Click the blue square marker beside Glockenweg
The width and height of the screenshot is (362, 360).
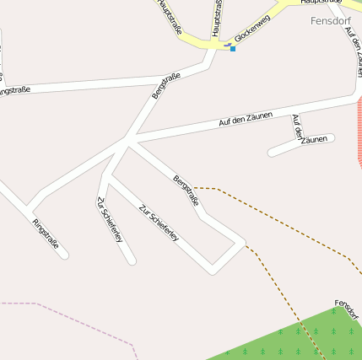(x=233, y=48)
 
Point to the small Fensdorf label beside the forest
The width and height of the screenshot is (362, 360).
(x=348, y=306)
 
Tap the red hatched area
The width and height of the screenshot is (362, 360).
(x=358, y=126)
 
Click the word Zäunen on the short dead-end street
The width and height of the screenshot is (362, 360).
(x=313, y=140)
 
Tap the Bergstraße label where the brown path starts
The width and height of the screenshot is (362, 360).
(x=186, y=191)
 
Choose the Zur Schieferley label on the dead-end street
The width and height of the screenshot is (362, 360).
(x=111, y=220)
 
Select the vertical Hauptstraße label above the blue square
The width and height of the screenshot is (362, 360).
(x=218, y=17)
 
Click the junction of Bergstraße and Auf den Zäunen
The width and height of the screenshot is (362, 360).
(x=129, y=140)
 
